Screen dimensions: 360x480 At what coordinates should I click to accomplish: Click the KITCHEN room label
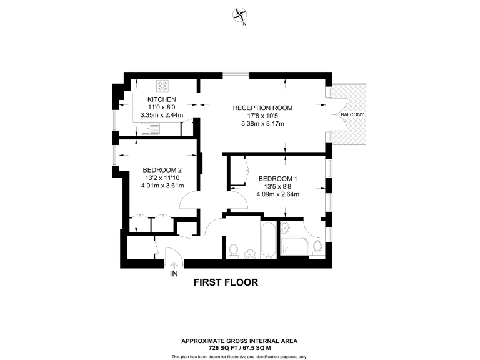tap(162, 99)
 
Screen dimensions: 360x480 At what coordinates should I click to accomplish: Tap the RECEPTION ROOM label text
tap(262, 107)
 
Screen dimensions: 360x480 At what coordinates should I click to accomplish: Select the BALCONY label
tap(352, 116)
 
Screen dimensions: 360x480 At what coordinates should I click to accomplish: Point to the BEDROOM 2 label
tap(162, 169)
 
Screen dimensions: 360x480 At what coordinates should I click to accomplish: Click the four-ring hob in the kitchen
tap(164, 86)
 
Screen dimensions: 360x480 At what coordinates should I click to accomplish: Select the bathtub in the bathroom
tap(269, 241)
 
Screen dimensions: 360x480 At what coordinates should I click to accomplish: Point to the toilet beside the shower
tap(317, 247)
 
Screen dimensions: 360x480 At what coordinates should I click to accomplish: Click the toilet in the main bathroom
tap(234, 251)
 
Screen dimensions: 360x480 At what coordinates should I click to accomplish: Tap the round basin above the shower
tap(285, 227)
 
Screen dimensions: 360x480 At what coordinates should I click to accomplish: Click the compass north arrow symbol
tap(239, 14)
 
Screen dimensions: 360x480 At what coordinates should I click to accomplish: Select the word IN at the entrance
tap(174, 274)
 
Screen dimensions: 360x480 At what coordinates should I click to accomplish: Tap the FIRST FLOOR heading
tap(226, 282)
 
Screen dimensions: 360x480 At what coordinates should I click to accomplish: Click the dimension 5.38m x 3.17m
tap(262, 123)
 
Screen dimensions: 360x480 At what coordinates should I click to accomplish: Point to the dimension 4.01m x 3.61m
tap(162, 185)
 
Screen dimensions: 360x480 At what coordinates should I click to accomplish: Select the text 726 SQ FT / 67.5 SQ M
tap(239, 347)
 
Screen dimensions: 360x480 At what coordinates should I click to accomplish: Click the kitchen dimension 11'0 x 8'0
tap(162, 107)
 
